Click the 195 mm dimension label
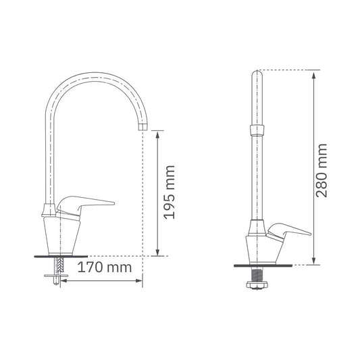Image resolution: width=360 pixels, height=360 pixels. [170, 192]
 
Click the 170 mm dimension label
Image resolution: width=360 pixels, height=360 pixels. [105, 267]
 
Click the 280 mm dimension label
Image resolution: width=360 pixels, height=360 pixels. [322, 171]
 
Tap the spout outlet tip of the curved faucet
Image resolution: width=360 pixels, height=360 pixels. [143, 127]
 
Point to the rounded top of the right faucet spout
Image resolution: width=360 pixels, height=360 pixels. [257, 73]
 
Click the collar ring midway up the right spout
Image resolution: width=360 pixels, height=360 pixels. [257, 130]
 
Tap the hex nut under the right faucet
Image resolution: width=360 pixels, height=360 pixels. [257, 285]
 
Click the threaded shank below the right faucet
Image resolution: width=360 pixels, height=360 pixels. [257, 274]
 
